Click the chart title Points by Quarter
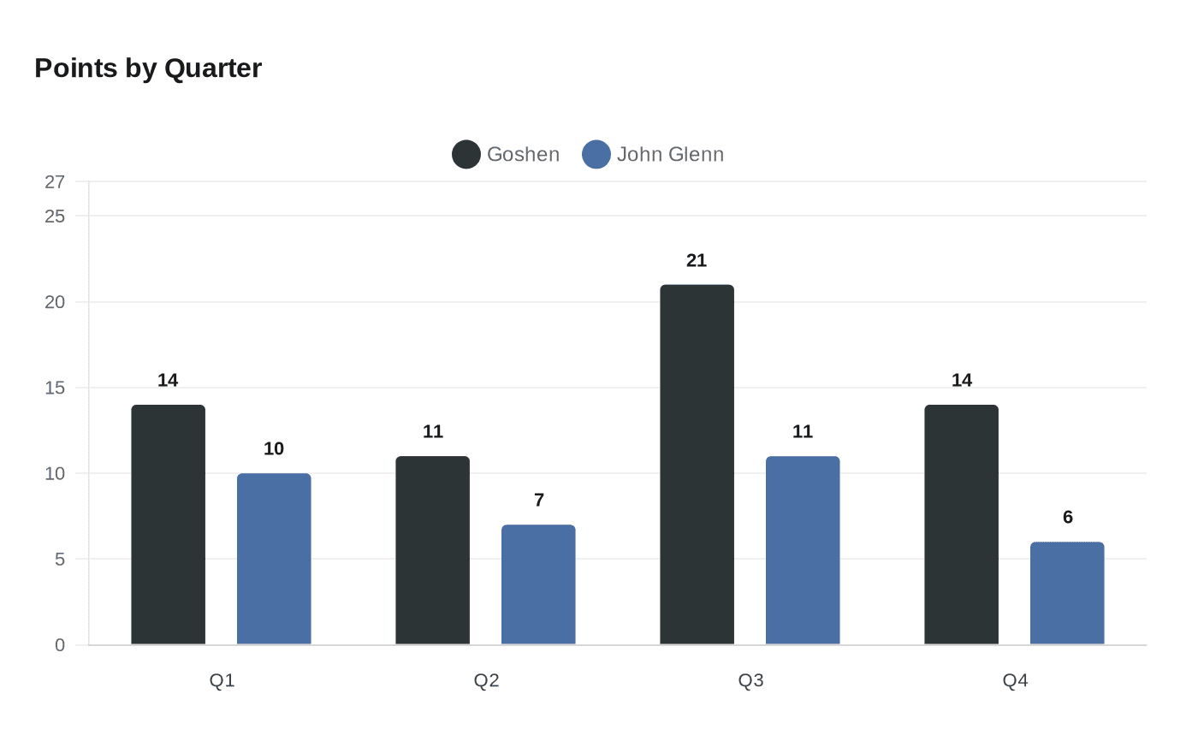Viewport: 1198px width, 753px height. tap(148, 68)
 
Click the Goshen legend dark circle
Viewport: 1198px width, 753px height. tap(466, 155)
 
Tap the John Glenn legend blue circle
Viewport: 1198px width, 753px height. tap(596, 155)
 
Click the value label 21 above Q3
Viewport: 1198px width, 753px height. tap(697, 261)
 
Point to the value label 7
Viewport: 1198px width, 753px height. tap(539, 501)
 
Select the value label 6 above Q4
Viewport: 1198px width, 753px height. tap(1068, 518)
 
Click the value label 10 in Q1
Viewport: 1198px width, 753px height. tap(274, 449)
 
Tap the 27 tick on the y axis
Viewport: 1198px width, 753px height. tap(55, 182)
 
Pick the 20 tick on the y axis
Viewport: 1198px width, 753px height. tap(55, 302)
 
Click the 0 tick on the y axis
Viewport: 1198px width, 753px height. tap(60, 645)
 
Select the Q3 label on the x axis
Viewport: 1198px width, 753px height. tap(750, 681)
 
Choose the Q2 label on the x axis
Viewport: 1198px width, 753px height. tap(486, 681)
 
